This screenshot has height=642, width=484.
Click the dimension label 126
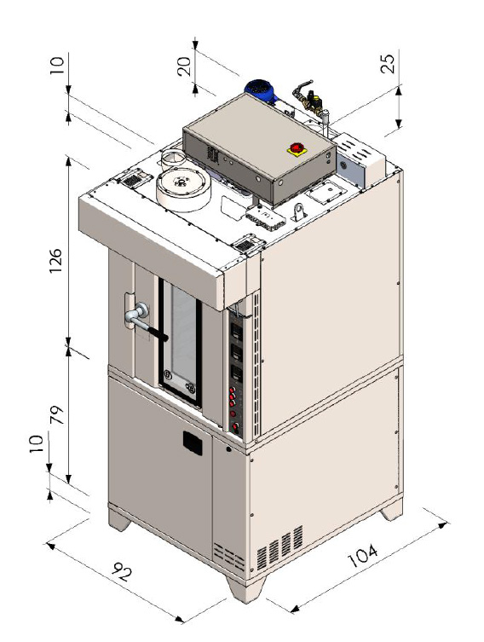click(55, 261)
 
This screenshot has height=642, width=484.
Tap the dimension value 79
click(56, 414)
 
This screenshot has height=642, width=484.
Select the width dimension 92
click(121, 570)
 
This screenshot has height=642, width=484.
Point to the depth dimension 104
click(362, 555)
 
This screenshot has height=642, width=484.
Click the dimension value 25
click(388, 63)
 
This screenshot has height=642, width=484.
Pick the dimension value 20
click(184, 67)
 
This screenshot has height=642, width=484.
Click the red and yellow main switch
click(297, 149)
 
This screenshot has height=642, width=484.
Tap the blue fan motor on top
click(261, 91)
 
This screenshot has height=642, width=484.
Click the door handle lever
click(145, 321)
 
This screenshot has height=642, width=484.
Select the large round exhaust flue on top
click(183, 190)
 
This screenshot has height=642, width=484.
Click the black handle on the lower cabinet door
click(193, 443)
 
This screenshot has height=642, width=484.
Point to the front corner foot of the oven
click(245, 588)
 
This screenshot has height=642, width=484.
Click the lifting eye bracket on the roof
click(300, 212)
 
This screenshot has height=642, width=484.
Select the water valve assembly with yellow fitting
click(311, 101)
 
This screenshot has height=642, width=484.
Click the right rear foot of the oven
click(391, 512)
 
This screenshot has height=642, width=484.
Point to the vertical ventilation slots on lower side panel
click(279, 547)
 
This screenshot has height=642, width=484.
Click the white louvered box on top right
click(360, 161)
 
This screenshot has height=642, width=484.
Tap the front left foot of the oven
click(119, 519)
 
